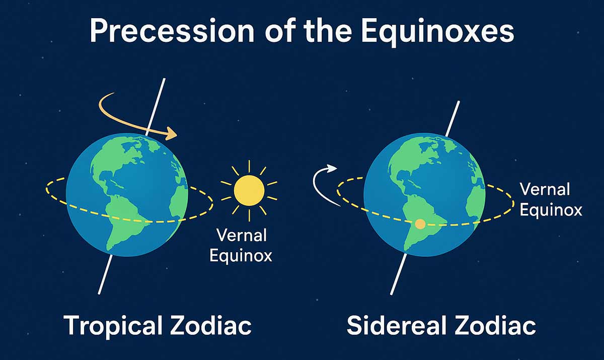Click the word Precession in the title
pyautogui.click(x=172, y=31)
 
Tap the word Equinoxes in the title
pyautogui.click(x=437, y=32)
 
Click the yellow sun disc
pyautogui.click(x=249, y=191)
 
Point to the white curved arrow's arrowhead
pyautogui.click(x=332, y=168)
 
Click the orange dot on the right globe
pyautogui.click(x=420, y=224)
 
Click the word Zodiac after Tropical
pyautogui.click(x=211, y=325)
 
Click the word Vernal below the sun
pyautogui.click(x=242, y=236)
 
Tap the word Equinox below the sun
pyautogui.click(x=241, y=255)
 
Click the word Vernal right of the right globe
pyautogui.click(x=545, y=189)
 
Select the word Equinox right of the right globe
pyautogui.click(x=551, y=209)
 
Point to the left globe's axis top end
pyautogui.click(x=164, y=79)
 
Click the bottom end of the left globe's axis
pyautogui.click(x=99, y=293)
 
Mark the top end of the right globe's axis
pyautogui.click(x=459, y=102)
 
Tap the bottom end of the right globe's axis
pyautogui.click(x=392, y=294)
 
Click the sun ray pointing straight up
pyautogui.click(x=249, y=166)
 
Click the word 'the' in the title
pyautogui.click(x=327, y=31)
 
